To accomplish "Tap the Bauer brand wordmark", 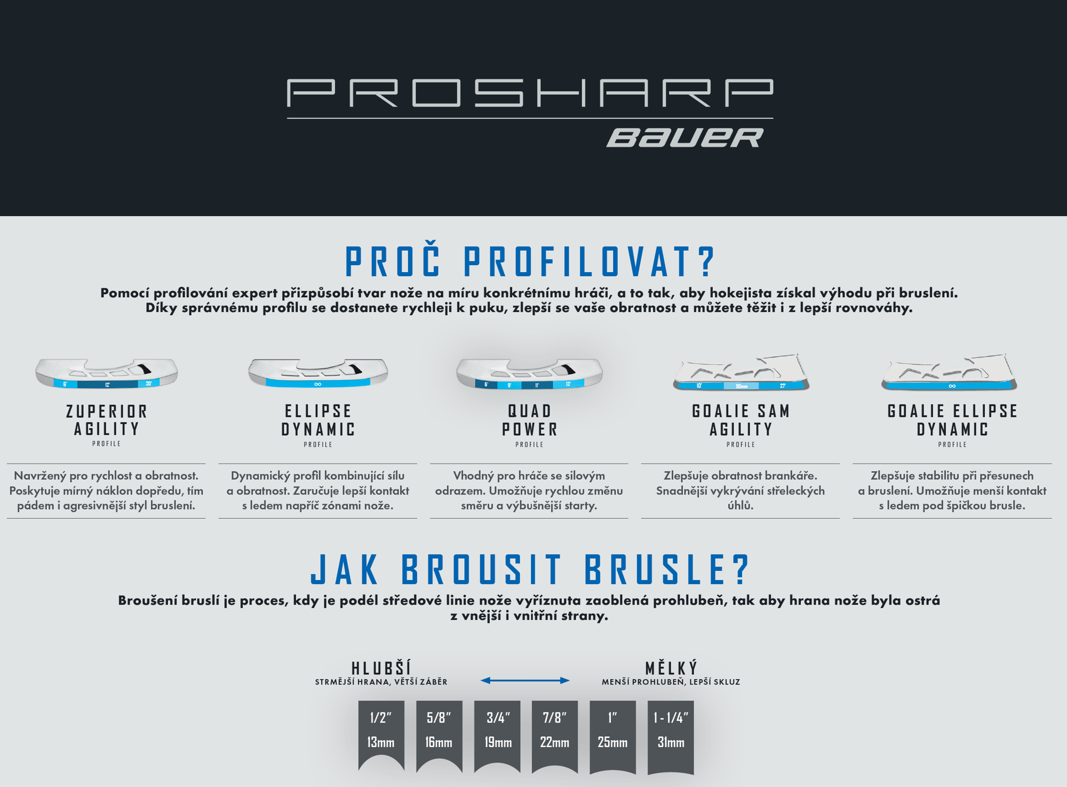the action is coord(685,138).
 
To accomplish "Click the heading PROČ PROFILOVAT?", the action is coord(530,261).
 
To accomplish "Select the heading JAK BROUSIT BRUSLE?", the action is coord(530,569).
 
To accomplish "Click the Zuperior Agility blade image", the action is coord(107,372).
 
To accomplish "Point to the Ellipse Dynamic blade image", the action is coord(318,372).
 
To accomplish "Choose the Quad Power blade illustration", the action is coord(529,373).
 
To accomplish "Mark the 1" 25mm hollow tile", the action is coord(612,735).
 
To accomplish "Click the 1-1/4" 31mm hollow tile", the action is coord(671,735).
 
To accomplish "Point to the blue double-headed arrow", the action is coord(525,680).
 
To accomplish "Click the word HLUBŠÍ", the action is coord(381,668).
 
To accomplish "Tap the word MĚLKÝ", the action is coord(671,668).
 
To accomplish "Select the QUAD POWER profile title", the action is coord(529,420).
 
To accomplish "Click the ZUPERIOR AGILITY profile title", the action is coord(107,420).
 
